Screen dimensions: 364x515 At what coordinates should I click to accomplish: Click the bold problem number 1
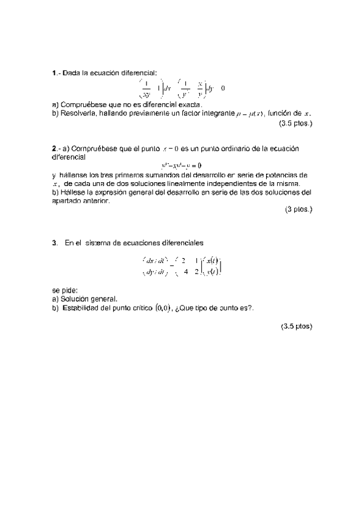[54, 73]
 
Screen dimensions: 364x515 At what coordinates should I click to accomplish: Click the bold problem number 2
[54, 148]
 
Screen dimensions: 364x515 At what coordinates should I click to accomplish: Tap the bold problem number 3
[54, 242]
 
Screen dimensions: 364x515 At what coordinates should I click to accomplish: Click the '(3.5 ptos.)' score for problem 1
[295, 123]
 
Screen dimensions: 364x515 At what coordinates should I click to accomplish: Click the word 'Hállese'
[74, 192]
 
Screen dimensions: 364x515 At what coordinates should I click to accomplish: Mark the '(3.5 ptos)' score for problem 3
[296, 326]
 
